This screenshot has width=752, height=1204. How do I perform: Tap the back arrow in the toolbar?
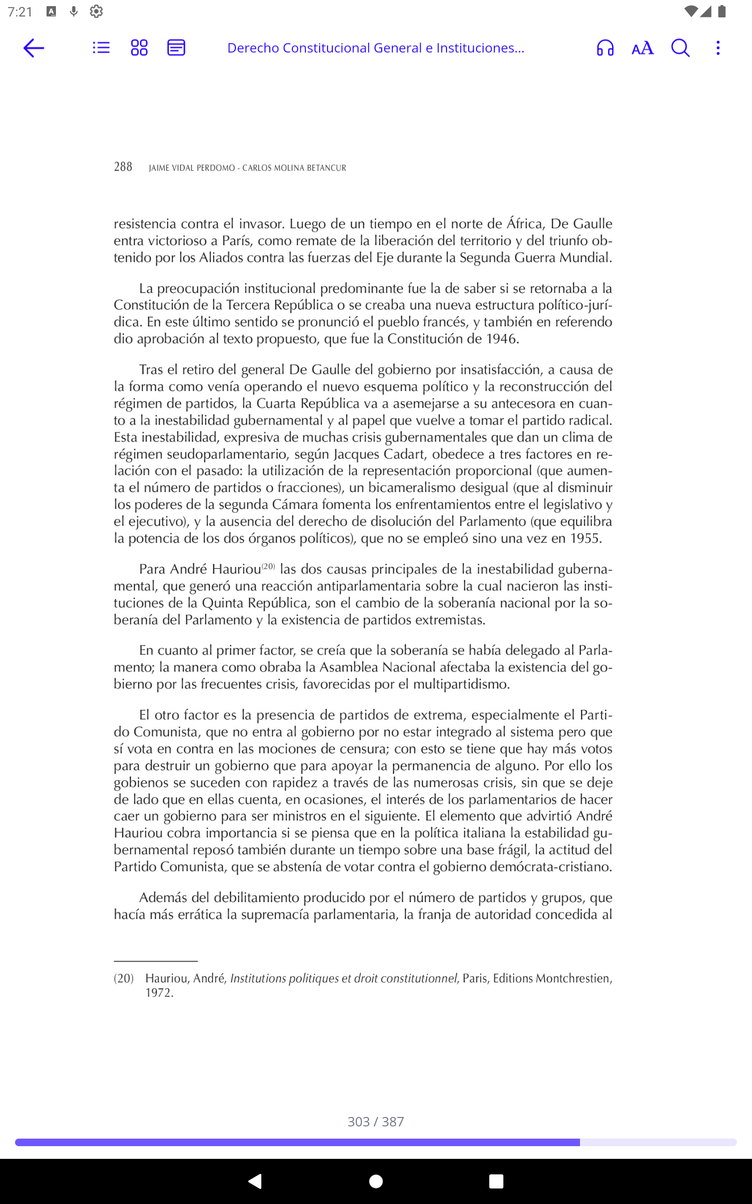[x=34, y=48]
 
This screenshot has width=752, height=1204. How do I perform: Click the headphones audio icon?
[x=605, y=48]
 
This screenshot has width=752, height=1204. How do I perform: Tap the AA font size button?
[x=642, y=48]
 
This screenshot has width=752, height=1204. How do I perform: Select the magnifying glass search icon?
[x=680, y=48]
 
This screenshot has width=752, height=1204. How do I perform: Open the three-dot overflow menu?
[x=718, y=48]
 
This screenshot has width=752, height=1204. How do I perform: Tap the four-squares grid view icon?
[x=139, y=48]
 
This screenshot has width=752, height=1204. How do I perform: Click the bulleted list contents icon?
[x=101, y=48]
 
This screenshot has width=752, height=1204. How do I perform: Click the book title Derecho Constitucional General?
[x=376, y=48]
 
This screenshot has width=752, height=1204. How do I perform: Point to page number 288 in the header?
[x=123, y=166]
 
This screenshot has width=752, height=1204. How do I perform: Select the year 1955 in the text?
[x=585, y=539]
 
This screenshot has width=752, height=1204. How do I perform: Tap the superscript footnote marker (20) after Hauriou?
[x=268, y=566]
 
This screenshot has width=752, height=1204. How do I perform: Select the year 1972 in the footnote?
[x=159, y=993]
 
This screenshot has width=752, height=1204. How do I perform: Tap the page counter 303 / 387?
[x=376, y=1121]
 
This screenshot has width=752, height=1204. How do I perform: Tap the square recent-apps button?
[x=496, y=1181]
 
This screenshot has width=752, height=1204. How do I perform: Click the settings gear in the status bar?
[x=96, y=11]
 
